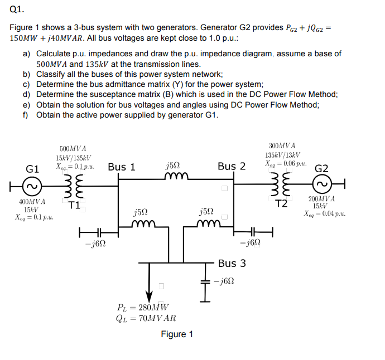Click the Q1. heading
(x=17, y=9)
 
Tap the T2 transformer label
(x=282, y=203)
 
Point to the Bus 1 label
(x=122, y=167)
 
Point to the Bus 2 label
(x=232, y=167)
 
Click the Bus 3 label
(x=232, y=263)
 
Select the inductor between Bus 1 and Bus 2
(x=179, y=177)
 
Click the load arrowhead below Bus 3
(x=149, y=294)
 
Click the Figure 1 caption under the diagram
(x=177, y=334)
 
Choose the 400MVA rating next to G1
(x=31, y=201)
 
